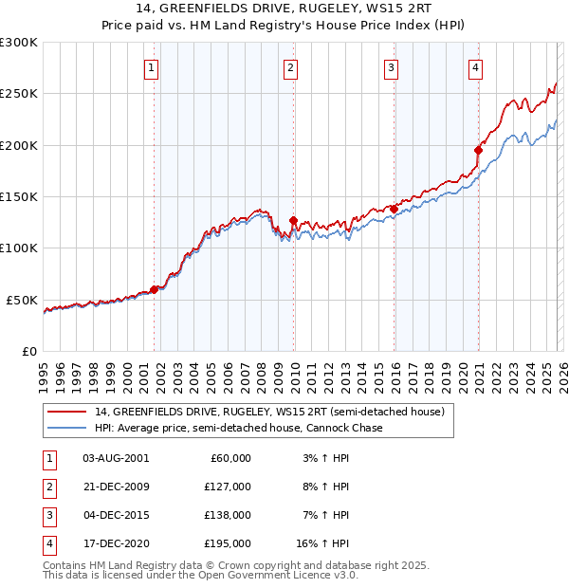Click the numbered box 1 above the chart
(153, 67)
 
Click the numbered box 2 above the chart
(290, 67)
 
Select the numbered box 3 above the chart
(391, 67)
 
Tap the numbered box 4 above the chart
(475, 67)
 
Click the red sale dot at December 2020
(479, 150)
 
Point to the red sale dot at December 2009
(293, 220)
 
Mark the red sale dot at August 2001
(154, 290)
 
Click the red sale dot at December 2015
(394, 209)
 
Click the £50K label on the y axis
(22, 300)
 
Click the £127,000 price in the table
(228, 486)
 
